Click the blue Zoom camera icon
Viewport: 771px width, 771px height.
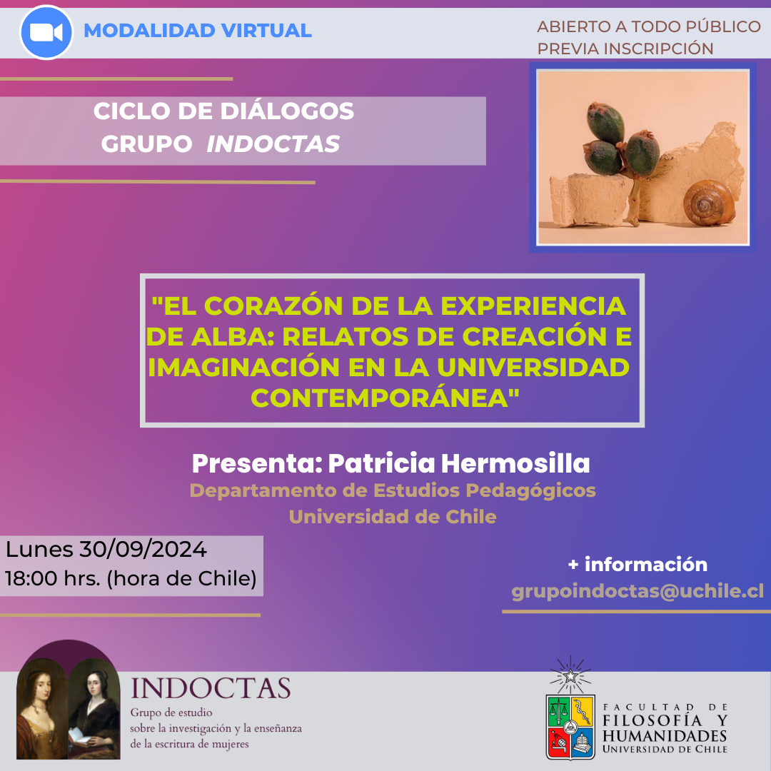pyautogui.click(x=46, y=32)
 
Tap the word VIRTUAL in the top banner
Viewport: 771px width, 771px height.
pyautogui.click(x=266, y=31)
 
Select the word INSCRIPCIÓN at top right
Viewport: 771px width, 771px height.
pyautogui.click(x=658, y=49)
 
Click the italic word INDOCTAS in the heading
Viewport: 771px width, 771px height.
pyautogui.click(x=273, y=143)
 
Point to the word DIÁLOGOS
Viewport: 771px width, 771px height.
pyautogui.click(x=287, y=111)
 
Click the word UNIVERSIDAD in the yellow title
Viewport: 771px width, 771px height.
pyautogui.click(x=533, y=368)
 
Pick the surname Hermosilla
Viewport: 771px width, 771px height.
pyautogui.click(x=515, y=463)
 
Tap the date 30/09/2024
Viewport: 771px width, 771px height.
pyautogui.click(x=143, y=549)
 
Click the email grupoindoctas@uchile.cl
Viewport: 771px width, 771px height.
pyautogui.click(x=638, y=590)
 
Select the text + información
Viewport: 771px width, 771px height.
pyautogui.click(x=638, y=564)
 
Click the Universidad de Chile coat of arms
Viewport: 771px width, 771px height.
pyautogui.click(x=570, y=726)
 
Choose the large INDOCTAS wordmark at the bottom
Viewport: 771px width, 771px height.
pyautogui.click(x=211, y=688)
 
